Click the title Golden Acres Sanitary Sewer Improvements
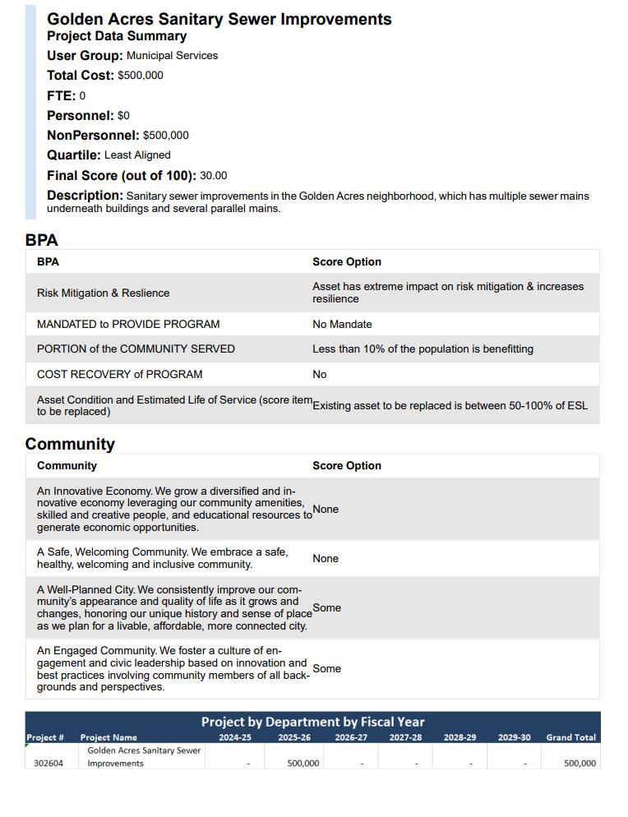click(x=219, y=19)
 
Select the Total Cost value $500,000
click(x=141, y=76)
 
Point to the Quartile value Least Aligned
click(x=137, y=155)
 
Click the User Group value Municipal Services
click(x=172, y=56)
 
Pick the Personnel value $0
click(x=123, y=116)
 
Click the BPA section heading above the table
click(x=41, y=241)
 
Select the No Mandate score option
click(x=342, y=325)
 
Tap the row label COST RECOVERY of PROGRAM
click(x=119, y=375)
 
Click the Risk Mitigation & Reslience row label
click(x=103, y=293)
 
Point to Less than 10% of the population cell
click(x=423, y=349)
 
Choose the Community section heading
click(x=70, y=445)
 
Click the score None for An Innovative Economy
click(x=326, y=510)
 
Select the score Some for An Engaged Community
click(x=326, y=669)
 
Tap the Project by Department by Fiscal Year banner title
click(x=312, y=722)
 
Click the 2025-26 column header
click(x=294, y=738)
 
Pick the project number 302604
click(x=48, y=764)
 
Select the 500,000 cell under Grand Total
click(x=580, y=764)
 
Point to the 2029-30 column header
click(x=514, y=738)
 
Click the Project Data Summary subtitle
click(x=117, y=36)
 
